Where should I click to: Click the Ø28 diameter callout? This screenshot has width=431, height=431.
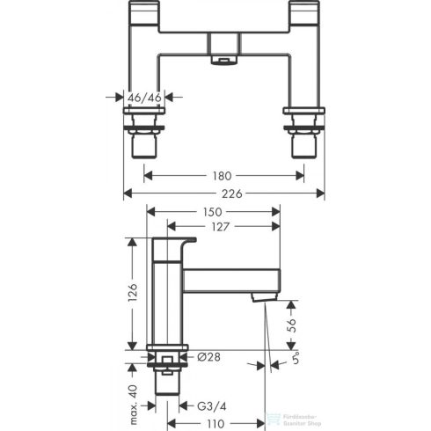pyautogui.click(x=208, y=356)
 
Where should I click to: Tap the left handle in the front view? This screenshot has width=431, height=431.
pyautogui.click(x=143, y=17)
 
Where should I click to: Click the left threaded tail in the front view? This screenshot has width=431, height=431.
pyautogui.click(x=143, y=141)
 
